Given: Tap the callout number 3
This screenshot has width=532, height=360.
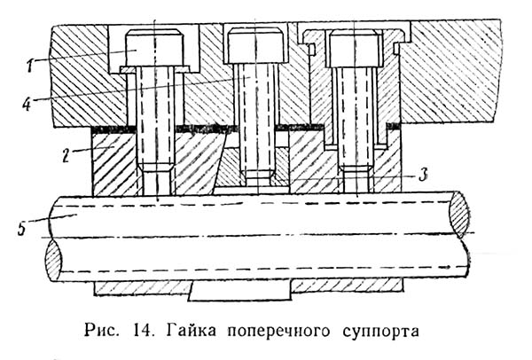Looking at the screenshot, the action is (x=424, y=176).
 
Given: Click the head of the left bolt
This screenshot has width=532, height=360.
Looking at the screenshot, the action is (x=154, y=49).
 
